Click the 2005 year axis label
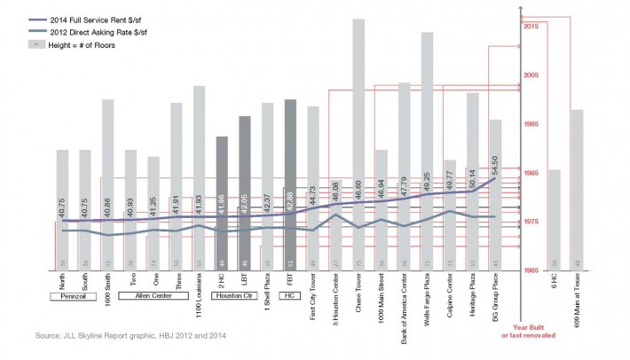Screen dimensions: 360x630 [532, 75]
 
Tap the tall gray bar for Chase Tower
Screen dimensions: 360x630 [358, 133]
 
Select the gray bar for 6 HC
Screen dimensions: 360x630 [555, 217]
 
